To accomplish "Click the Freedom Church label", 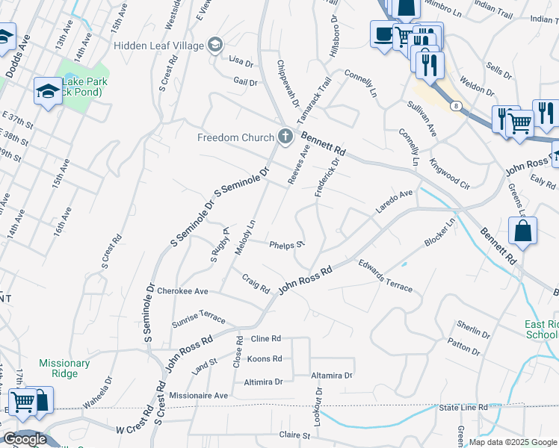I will point(235,137).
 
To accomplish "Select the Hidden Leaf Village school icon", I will point(215,46).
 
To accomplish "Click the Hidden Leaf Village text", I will point(158,46).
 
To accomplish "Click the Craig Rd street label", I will point(256,284).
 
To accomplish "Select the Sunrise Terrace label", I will point(198,318).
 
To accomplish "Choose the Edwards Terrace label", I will point(385,275).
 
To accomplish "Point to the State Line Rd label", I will point(463,407).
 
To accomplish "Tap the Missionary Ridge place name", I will point(64,369).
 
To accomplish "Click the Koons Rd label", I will point(264,359).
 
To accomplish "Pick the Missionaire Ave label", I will point(198,395).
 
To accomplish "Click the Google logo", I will point(25,439).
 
